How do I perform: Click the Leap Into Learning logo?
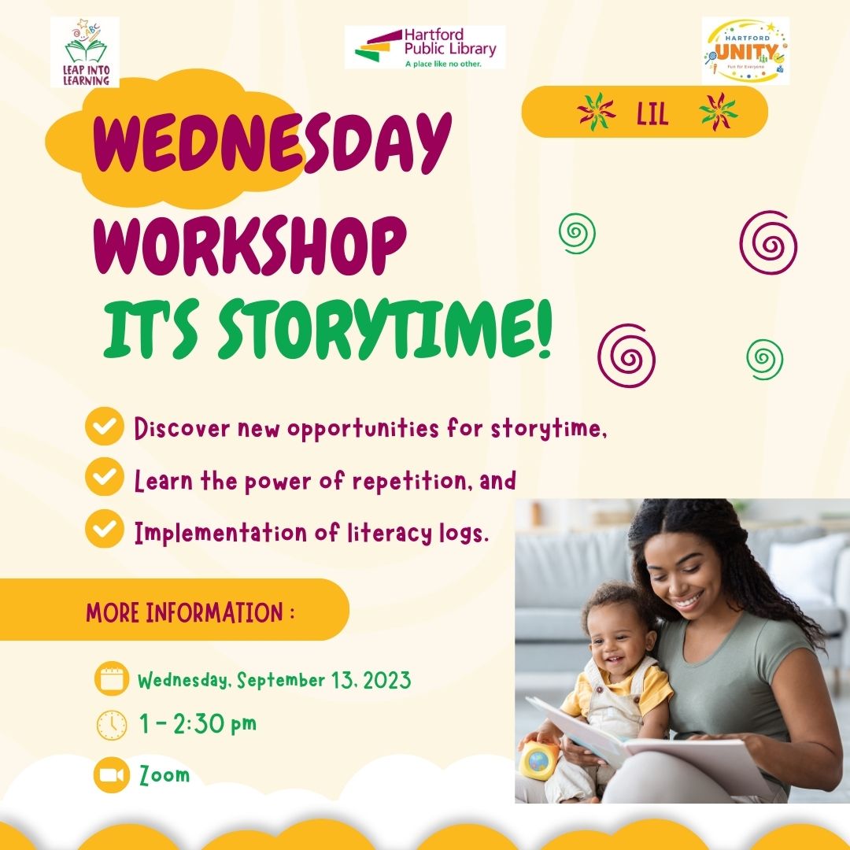tap(85, 52)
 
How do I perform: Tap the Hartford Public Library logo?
tap(425, 47)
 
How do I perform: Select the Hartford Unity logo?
tap(745, 50)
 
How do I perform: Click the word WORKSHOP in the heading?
tap(250, 246)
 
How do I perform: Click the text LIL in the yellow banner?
tap(652, 114)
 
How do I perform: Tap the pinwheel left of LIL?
tap(597, 112)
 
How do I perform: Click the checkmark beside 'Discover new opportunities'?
tap(105, 426)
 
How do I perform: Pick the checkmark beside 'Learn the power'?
tap(105, 476)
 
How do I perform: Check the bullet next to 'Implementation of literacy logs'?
tap(105, 528)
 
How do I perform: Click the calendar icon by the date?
tap(112, 678)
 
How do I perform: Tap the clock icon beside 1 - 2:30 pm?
tap(112, 725)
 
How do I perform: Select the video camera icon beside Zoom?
tap(112, 774)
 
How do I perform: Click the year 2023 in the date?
tap(386, 680)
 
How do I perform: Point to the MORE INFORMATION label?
tap(190, 612)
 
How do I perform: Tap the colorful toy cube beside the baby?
tap(539, 759)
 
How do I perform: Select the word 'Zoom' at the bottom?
tap(164, 775)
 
